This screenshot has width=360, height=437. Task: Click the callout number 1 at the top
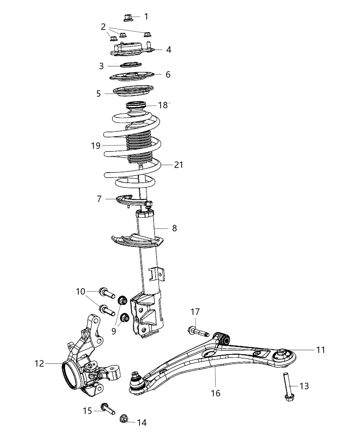146,16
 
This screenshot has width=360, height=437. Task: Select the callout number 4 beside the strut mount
168,50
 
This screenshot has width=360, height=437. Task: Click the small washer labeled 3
131,64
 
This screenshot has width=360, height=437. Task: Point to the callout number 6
168,74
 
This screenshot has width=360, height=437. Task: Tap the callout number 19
96,146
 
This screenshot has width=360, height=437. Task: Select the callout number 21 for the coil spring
178,165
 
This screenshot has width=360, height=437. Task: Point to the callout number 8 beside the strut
175,228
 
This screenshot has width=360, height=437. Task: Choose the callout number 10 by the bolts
81,292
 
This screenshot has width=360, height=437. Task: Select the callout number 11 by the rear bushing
320,350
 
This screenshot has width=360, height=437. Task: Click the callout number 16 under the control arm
216,393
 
